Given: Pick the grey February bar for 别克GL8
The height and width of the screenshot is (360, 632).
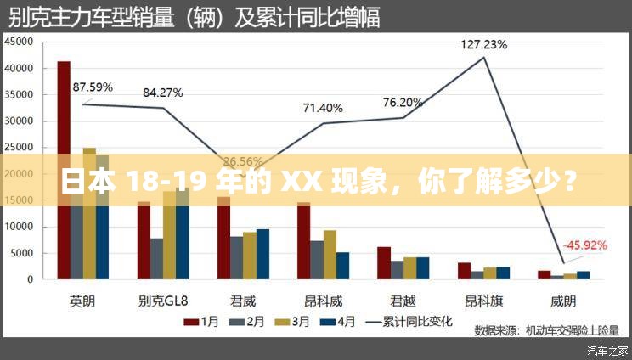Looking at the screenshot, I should [156, 258].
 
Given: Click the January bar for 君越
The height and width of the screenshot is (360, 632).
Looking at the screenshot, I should [384, 262].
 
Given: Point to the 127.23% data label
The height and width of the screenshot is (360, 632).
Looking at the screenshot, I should [484, 44].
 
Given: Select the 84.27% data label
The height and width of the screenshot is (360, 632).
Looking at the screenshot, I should [163, 93].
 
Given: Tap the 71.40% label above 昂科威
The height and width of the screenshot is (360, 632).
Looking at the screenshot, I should [323, 108].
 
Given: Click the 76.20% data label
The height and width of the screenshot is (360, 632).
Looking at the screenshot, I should [403, 103].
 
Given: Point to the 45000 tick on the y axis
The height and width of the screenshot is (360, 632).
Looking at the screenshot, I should [19, 42].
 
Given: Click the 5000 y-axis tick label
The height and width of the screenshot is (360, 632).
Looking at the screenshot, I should [22, 253].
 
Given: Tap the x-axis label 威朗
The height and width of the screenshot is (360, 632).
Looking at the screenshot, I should [562, 300].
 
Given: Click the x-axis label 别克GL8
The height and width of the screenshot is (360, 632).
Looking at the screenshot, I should [162, 300].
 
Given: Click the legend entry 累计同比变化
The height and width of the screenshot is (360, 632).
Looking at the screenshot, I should [408, 322].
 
